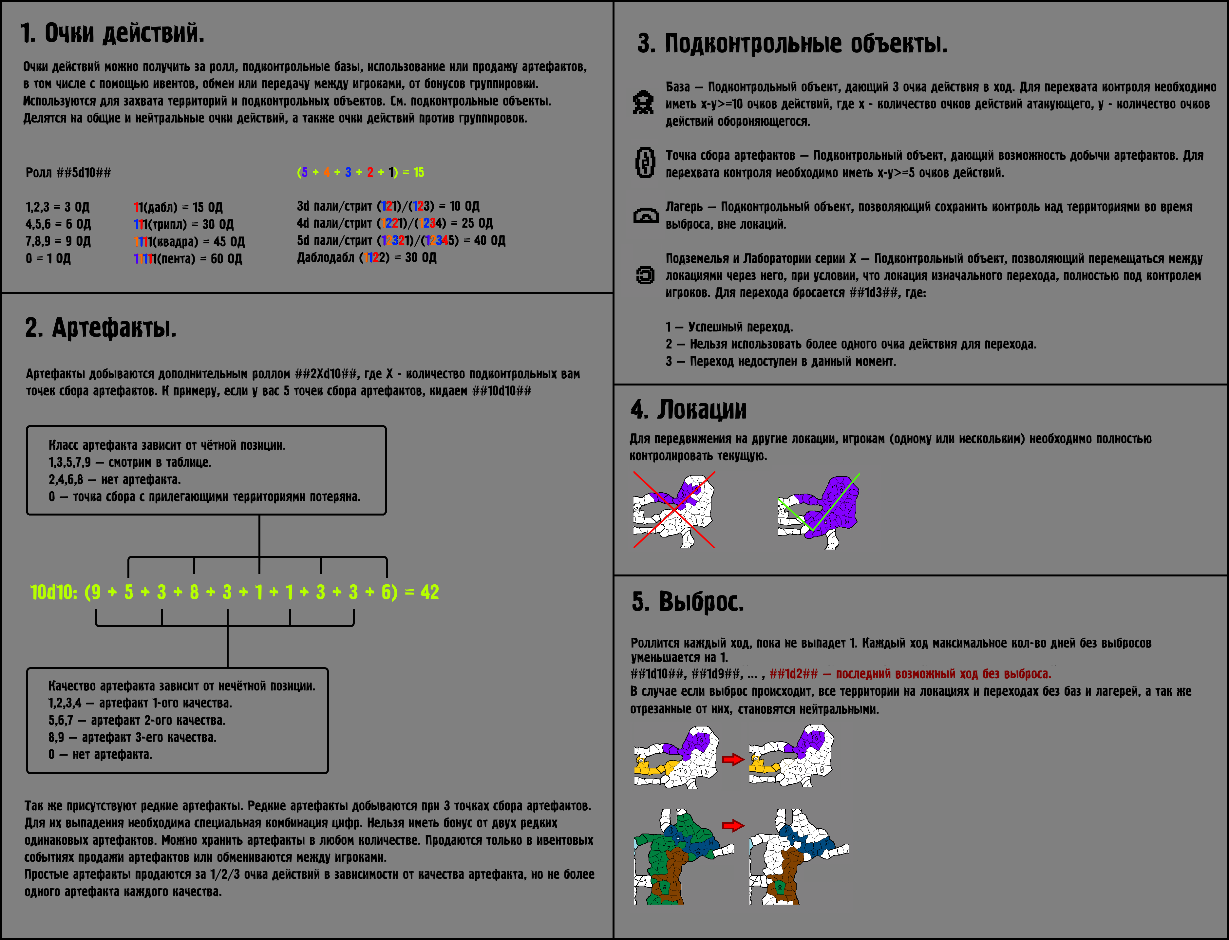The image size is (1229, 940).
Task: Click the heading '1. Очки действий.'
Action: click(x=112, y=33)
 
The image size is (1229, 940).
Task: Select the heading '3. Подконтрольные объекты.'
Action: click(x=792, y=44)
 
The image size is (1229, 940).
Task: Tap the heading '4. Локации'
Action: click(x=689, y=409)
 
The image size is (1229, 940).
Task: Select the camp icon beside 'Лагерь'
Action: click(x=645, y=216)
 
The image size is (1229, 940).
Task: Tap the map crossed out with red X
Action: click(x=674, y=510)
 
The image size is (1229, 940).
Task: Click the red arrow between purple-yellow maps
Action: click(x=733, y=759)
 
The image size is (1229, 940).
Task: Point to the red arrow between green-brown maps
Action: click(x=733, y=825)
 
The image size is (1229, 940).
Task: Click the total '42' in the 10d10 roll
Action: click(x=429, y=592)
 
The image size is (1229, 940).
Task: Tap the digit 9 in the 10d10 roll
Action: click(x=96, y=592)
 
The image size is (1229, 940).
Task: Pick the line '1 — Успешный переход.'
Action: click(x=729, y=327)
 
